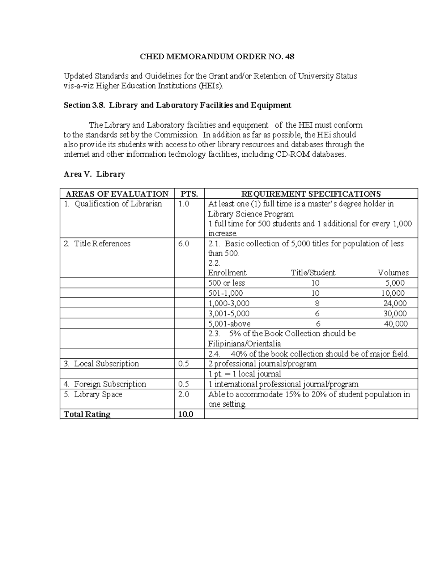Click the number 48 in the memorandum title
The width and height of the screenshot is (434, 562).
[289, 56]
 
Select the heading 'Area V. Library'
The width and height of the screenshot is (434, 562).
[94, 174]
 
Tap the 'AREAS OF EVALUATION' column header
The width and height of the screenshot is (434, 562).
[116, 194]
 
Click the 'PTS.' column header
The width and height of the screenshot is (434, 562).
[189, 194]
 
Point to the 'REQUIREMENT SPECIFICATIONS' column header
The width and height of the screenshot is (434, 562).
[311, 194]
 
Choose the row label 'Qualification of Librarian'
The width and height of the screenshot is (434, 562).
[118, 204]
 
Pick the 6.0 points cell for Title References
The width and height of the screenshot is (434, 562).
[183, 244]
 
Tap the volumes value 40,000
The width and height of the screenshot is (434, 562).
[395, 324]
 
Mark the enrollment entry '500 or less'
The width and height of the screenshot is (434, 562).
[226, 283]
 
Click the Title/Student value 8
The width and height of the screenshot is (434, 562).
[317, 303]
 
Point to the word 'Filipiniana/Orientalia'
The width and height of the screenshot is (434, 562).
[244, 343]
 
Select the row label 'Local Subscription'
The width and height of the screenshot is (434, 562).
[106, 364]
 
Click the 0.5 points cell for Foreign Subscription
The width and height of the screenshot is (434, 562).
[183, 384]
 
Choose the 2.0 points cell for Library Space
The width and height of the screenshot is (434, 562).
[183, 394]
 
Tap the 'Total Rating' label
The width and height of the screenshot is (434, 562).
[87, 414]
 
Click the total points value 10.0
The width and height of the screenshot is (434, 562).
[186, 414]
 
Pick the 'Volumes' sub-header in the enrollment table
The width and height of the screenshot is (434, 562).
[393, 272]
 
